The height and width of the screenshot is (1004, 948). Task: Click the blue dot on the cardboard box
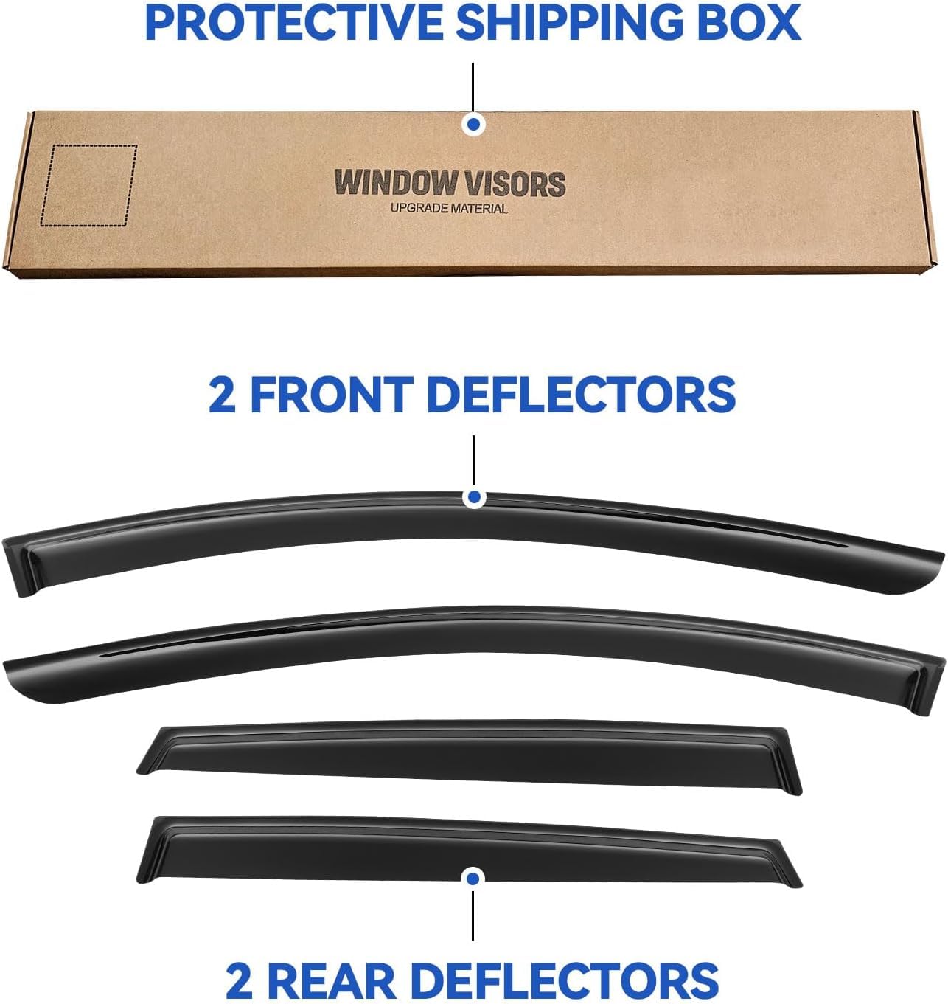tap(473, 125)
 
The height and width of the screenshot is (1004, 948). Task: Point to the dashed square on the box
tap(89, 186)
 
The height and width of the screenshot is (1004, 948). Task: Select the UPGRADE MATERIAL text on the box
tap(449, 208)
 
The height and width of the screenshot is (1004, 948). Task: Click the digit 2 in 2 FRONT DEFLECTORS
tap(222, 395)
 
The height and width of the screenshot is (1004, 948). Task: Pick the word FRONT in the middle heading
tap(332, 395)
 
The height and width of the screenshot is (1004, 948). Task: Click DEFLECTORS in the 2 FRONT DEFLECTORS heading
tap(582, 395)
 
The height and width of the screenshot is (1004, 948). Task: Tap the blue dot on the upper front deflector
tap(474, 497)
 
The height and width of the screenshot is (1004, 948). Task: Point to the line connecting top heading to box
tap(473, 88)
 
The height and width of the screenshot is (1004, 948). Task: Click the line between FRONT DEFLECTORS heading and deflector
tap(473, 460)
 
